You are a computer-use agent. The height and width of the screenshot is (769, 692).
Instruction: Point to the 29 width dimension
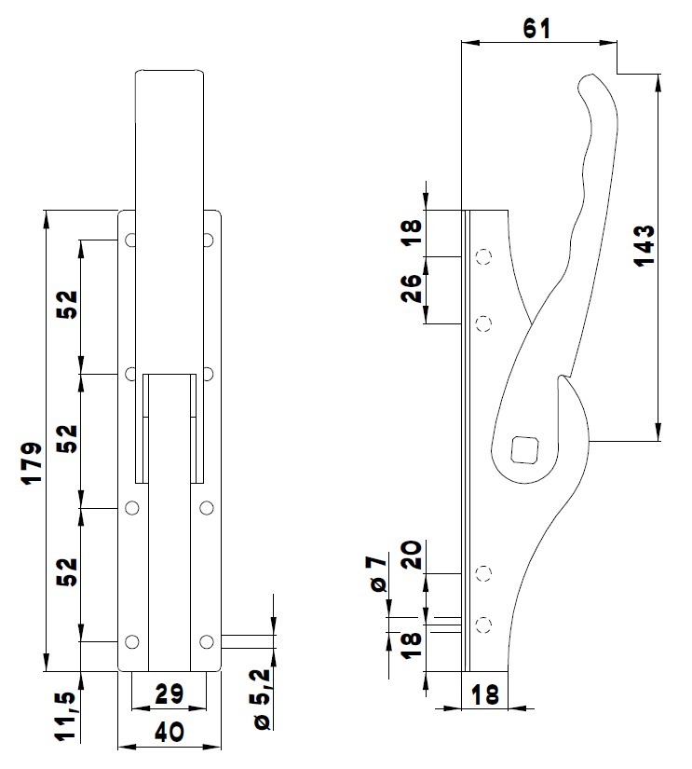coord(168,693)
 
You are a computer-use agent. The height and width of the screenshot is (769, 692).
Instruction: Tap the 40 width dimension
coord(168,733)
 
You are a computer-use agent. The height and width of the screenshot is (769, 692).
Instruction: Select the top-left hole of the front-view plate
coord(132,240)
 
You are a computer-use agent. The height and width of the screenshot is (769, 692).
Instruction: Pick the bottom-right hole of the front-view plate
coord(207,641)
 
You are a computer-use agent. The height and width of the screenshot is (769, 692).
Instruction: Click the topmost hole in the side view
coord(482,256)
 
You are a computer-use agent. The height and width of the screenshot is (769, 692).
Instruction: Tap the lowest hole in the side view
coord(482,624)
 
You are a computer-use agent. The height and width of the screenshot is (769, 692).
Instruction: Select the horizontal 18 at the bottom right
coord(485,694)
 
